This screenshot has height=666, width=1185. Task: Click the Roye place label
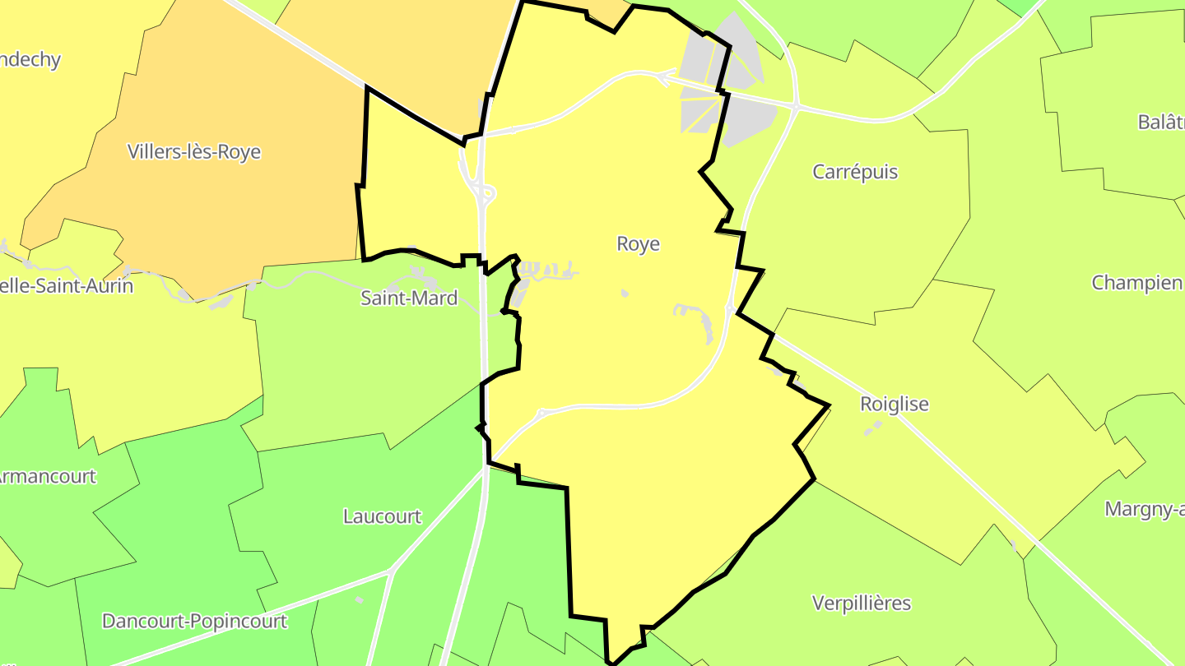point(638,244)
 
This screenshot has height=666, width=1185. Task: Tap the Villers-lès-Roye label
point(194,152)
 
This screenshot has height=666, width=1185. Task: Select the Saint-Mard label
point(409,298)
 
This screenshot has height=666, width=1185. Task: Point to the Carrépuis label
point(855,172)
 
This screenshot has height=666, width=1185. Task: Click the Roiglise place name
point(894,405)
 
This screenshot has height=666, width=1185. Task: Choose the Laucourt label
point(382,517)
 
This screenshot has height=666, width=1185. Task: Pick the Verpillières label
point(862,604)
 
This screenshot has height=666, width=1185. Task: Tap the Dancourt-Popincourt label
point(194,622)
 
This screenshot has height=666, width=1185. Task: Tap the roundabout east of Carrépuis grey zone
point(797,106)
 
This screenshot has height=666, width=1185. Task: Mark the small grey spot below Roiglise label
point(871,428)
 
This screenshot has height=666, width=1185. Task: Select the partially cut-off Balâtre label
point(1160,123)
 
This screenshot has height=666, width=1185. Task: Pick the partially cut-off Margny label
point(1144,510)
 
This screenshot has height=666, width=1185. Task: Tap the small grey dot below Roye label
point(625,293)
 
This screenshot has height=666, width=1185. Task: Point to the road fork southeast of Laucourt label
point(394,569)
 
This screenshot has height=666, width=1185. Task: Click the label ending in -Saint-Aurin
point(66,287)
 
